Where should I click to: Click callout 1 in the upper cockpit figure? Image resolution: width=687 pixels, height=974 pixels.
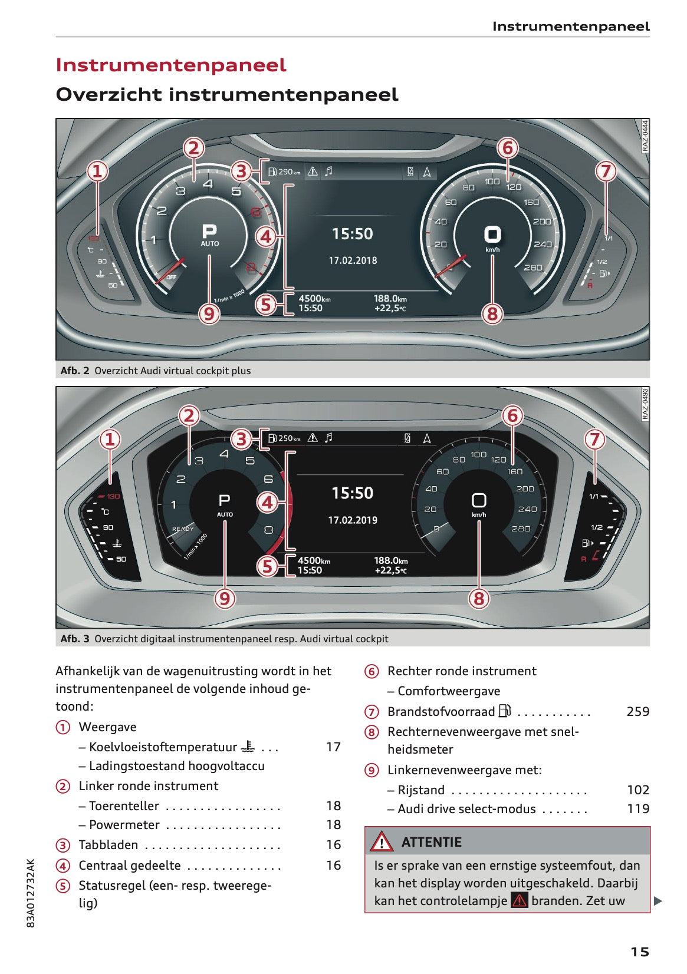pyautogui.click(x=97, y=171)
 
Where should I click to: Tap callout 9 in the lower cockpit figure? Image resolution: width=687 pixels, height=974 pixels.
pyautogui.click(x=225, y=599)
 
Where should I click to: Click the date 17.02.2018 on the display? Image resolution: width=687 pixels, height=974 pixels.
pyautogui.click(x=353, y=260)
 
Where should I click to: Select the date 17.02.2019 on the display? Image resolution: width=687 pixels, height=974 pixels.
pyautogui.click(x=353, y=520)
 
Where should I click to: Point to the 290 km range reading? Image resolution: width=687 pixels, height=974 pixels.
pyautogui.click(x=288, y=172)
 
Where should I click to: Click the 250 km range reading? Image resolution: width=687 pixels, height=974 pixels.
pyautogui.click(x=288, y=438)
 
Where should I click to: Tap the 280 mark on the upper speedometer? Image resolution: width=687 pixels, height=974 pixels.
pyautogui.click(x=532, y=268)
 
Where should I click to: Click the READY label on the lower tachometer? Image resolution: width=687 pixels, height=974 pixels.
pyautogui.click(x=183, y=529)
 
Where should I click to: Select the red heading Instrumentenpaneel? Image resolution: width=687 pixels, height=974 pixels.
pyautogui.click(x=171, y=65)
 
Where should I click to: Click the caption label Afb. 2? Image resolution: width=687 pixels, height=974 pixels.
pyautogui.click(x=75, y=371)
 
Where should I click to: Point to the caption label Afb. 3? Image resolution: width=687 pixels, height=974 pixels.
pyautogui.click(x=75, y=639)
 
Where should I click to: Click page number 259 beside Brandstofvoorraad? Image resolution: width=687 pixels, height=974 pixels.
pyautogui.click(x=637, y=712)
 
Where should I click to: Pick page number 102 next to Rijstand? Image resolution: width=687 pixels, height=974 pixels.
pyautogui.click(x=637, y=790)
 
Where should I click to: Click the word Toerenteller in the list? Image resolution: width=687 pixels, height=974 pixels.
pyautogui.click(x=124, y=806)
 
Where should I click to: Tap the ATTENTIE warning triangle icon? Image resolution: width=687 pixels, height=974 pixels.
pyautogui.click(x=382, y=841)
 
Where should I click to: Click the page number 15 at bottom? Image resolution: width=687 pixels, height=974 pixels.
pyautogui.click(x=639, y=952)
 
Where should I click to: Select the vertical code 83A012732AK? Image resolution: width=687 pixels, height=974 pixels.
pyautogui.click(x=31, y=893)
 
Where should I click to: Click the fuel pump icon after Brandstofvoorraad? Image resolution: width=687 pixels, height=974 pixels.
pyautogui.click(x=505, y=711)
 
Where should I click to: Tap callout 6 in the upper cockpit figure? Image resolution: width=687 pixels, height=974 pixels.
pyautogui.click(x=508, y=148)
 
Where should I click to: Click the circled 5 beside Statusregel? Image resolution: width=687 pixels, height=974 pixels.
pyautogui.click(x=63, y=886)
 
